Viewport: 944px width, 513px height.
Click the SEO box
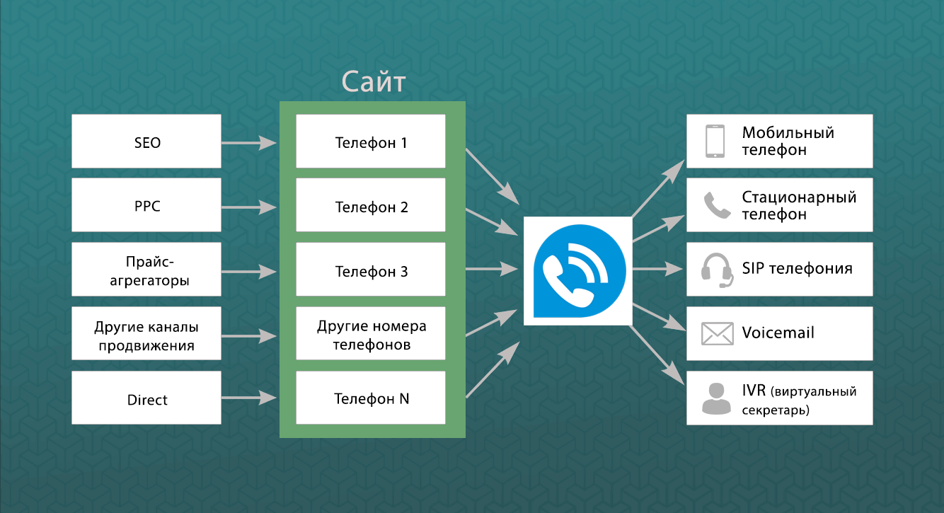click(x=146, y=142)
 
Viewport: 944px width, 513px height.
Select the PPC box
click(x=146, y=206)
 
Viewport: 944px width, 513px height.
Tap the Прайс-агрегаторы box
click(x=146, y=271)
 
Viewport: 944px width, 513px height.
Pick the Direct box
click(x=146, y=399)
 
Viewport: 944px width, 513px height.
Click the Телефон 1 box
click(x=371, y=142)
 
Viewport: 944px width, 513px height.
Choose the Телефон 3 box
click(x=371, y=271)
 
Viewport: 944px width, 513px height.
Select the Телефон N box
click(x=371, y=398)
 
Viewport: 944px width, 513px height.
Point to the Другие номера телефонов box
click(x=371, y=335)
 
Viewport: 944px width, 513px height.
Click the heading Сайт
click(x=373, y=81)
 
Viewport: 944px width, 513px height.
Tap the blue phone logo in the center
click(x=577, y=271)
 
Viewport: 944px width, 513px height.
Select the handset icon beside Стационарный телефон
click(x=716, y=205)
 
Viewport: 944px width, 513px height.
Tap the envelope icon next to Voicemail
click(x=716, y=333)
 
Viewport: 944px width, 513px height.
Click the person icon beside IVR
click(x=715, y=398)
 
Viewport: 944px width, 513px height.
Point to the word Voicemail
click(x=778, y=333)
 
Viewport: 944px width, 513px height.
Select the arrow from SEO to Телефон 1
click(x=248, y=142)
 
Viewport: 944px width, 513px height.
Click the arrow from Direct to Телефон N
click(x=248, y=398)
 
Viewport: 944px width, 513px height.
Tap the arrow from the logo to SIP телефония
click(x=658, y=270)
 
